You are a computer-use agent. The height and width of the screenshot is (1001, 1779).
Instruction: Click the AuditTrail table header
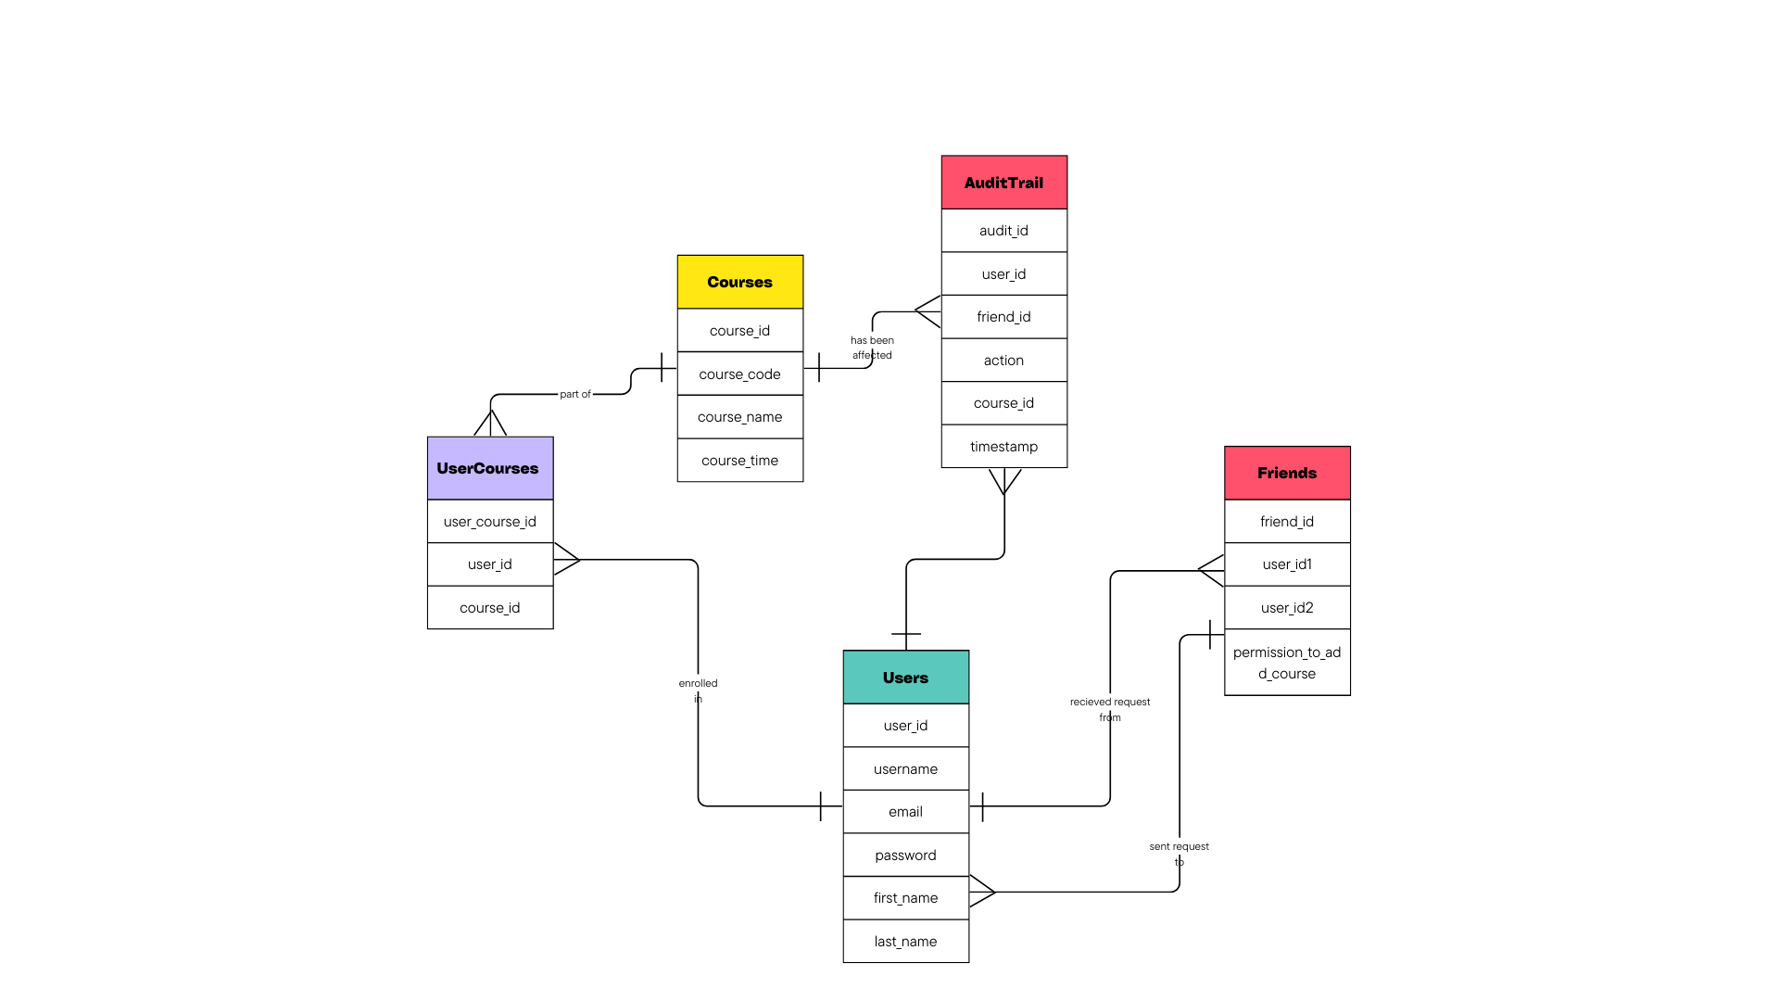[1003, 183]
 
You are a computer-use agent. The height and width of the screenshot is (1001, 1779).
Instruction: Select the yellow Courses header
[739, 282]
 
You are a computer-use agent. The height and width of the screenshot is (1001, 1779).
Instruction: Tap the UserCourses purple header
[489, 468]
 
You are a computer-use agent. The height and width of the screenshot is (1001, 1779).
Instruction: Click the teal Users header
[905, 678]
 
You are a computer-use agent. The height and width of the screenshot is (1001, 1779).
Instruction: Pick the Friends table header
[1286, 473]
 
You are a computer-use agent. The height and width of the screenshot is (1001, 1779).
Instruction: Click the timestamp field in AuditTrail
[1003, 447]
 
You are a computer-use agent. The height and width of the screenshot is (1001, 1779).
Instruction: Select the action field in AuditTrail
[1003, 361]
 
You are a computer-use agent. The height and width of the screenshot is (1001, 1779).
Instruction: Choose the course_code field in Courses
[739, 374]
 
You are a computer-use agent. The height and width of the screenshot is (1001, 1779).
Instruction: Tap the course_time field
[739, 461]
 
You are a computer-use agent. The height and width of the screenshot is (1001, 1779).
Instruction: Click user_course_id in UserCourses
[489, 522]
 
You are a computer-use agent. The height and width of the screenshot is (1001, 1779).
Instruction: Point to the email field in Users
[905, 812]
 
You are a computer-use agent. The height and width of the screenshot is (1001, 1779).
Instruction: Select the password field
[905, 855]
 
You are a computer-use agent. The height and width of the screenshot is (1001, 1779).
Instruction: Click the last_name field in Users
[905, 942]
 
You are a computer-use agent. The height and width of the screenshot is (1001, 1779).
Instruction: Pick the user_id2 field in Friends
[1286, 608]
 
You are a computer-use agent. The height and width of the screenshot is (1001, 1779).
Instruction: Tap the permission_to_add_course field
[1286, 663]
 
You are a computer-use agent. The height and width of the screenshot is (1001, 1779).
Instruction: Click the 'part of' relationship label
[574, 394]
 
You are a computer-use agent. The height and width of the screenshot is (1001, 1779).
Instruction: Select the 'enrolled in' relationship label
[698, 691]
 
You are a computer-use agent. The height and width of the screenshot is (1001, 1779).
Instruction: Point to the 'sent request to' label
[1179, 854]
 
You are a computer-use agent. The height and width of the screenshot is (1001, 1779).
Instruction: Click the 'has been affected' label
[872, 348]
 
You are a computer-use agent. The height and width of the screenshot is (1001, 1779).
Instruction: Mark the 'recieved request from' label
[1109, 709]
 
